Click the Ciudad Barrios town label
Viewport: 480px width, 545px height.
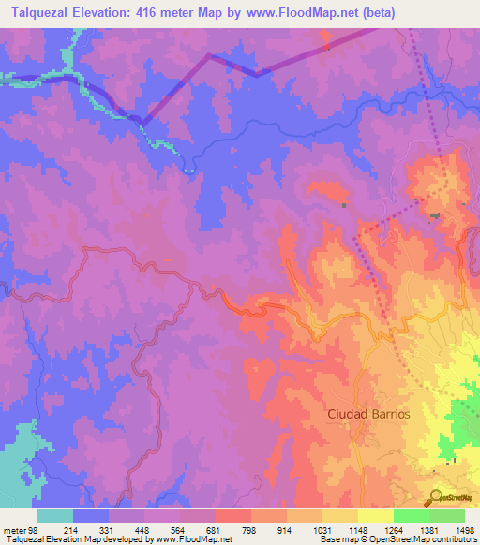(x=368, y=413)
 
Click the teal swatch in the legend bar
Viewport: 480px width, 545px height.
(x=55, y=515)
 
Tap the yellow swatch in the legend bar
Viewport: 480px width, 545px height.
(x=376, y=515)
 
